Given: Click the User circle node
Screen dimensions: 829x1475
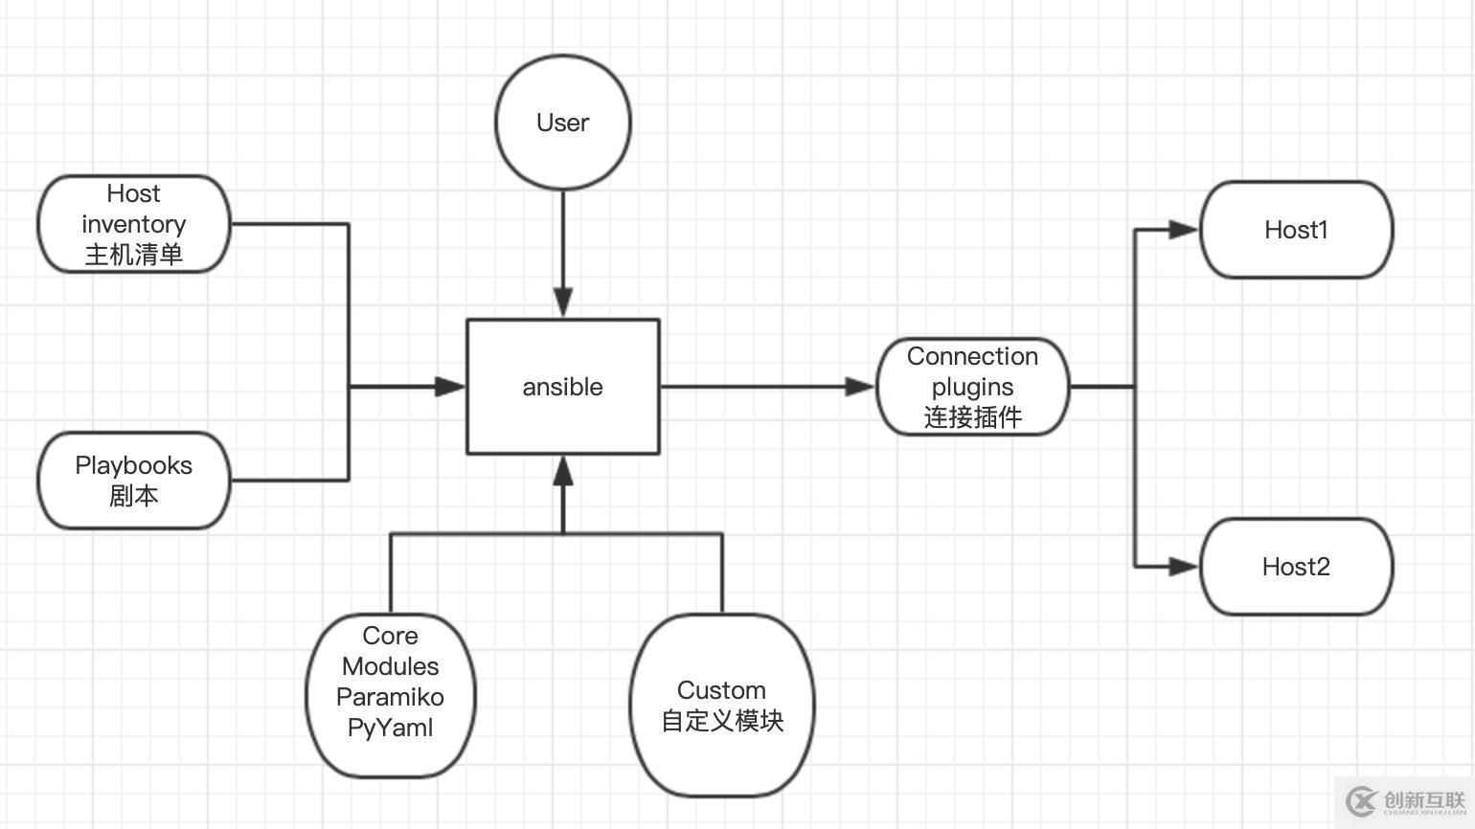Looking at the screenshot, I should tap(562, 122).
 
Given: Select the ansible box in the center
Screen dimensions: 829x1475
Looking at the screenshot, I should tap(562, 386).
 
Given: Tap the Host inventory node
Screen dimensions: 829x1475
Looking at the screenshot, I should tap(134, 224).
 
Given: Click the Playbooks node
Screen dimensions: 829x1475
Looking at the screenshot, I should tap(134, 480).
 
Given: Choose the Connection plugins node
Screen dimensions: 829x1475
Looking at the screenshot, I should tap(972, 386).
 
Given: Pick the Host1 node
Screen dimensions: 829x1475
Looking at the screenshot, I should tap(1296, 230).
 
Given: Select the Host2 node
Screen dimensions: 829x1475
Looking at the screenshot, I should tap(1296, 567).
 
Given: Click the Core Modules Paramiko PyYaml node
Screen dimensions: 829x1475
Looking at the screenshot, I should tap(390, 695).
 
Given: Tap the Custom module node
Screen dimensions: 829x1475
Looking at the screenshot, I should tap(722, 706).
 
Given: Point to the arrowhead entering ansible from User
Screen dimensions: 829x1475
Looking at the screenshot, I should tap(563, 303).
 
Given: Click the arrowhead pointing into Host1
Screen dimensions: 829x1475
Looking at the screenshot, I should tap(1184, 230).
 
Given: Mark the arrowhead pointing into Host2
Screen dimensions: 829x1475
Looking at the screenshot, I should tap(1184, 567).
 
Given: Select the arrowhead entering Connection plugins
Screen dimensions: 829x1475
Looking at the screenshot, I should tap(860, 387).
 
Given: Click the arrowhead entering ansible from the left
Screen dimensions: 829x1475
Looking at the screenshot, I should tap(450, 387).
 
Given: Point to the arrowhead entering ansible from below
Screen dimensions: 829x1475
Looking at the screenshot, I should tap(563, 470).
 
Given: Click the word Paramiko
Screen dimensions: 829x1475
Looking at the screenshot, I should tap(390, 697).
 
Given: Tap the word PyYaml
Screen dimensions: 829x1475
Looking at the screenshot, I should tap(390, 728).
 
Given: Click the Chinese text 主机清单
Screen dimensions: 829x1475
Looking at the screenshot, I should tap(134, 255).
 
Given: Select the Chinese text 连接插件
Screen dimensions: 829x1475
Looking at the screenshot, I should tap(972, 417).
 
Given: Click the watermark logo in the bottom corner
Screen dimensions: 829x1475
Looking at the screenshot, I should tap(1404, 801).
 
